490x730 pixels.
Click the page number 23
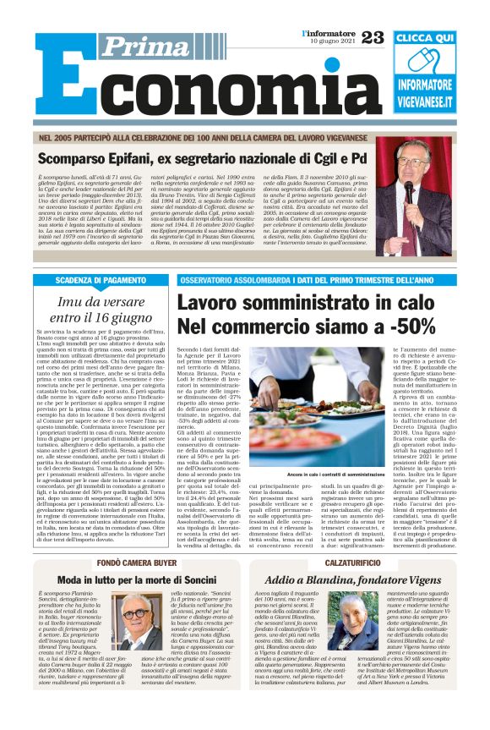point(373,37)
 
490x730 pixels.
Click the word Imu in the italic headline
point(72,302)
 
